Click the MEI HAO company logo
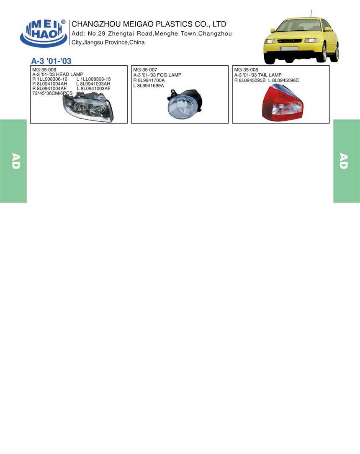[x=44, y=33]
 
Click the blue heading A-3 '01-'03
[x=51, y=61]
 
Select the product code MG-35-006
[x=44, y=70]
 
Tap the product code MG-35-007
[x=145, y=70]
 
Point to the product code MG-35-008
[x=246, y=70]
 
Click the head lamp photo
[x=88, y=106]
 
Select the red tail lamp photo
[x=282, y=103]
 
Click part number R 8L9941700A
[x=149, y=80]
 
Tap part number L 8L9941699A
[x=149, y=86]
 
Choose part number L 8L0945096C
[x=283, y=80]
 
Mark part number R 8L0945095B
[x=250, y=80]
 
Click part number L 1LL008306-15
[x=93, y=79]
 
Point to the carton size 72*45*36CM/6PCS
[x=52, y=93]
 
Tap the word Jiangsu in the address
[x=93, y=43]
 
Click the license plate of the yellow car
[x=289, y=49]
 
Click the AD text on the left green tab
[x=16, y=161]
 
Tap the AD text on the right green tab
[x=344, y=161]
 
